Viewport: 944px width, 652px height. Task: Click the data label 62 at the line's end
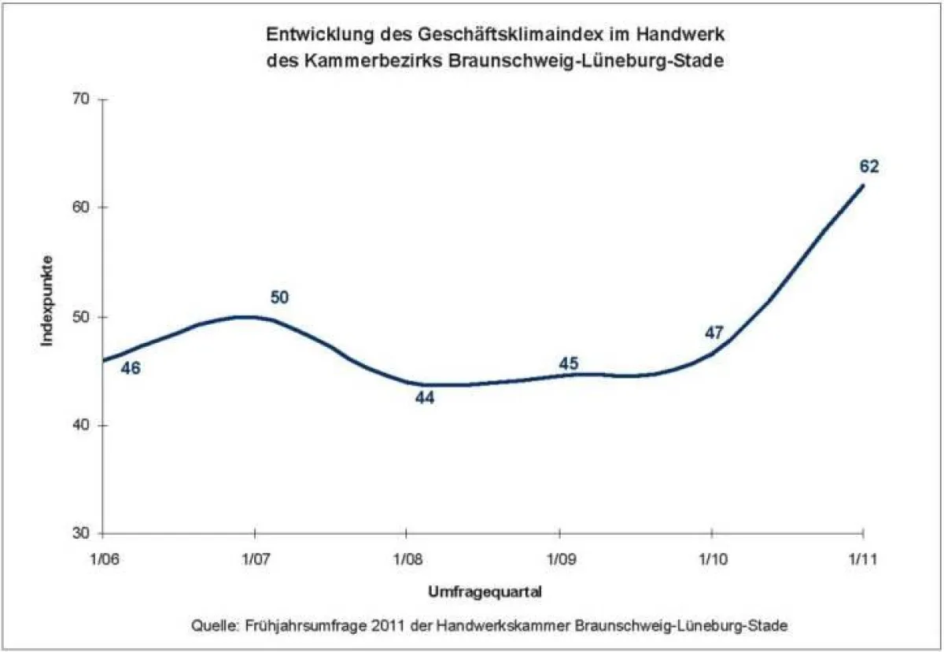(868, 166)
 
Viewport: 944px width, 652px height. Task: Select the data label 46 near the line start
(130, 367)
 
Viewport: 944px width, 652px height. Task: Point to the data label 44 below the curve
(425, 397)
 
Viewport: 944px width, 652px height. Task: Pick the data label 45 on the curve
(568, 363)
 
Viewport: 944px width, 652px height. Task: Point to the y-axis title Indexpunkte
(47, 300)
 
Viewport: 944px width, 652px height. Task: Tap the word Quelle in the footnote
(212, 626)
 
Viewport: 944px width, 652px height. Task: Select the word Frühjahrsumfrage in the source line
(293, 626)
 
